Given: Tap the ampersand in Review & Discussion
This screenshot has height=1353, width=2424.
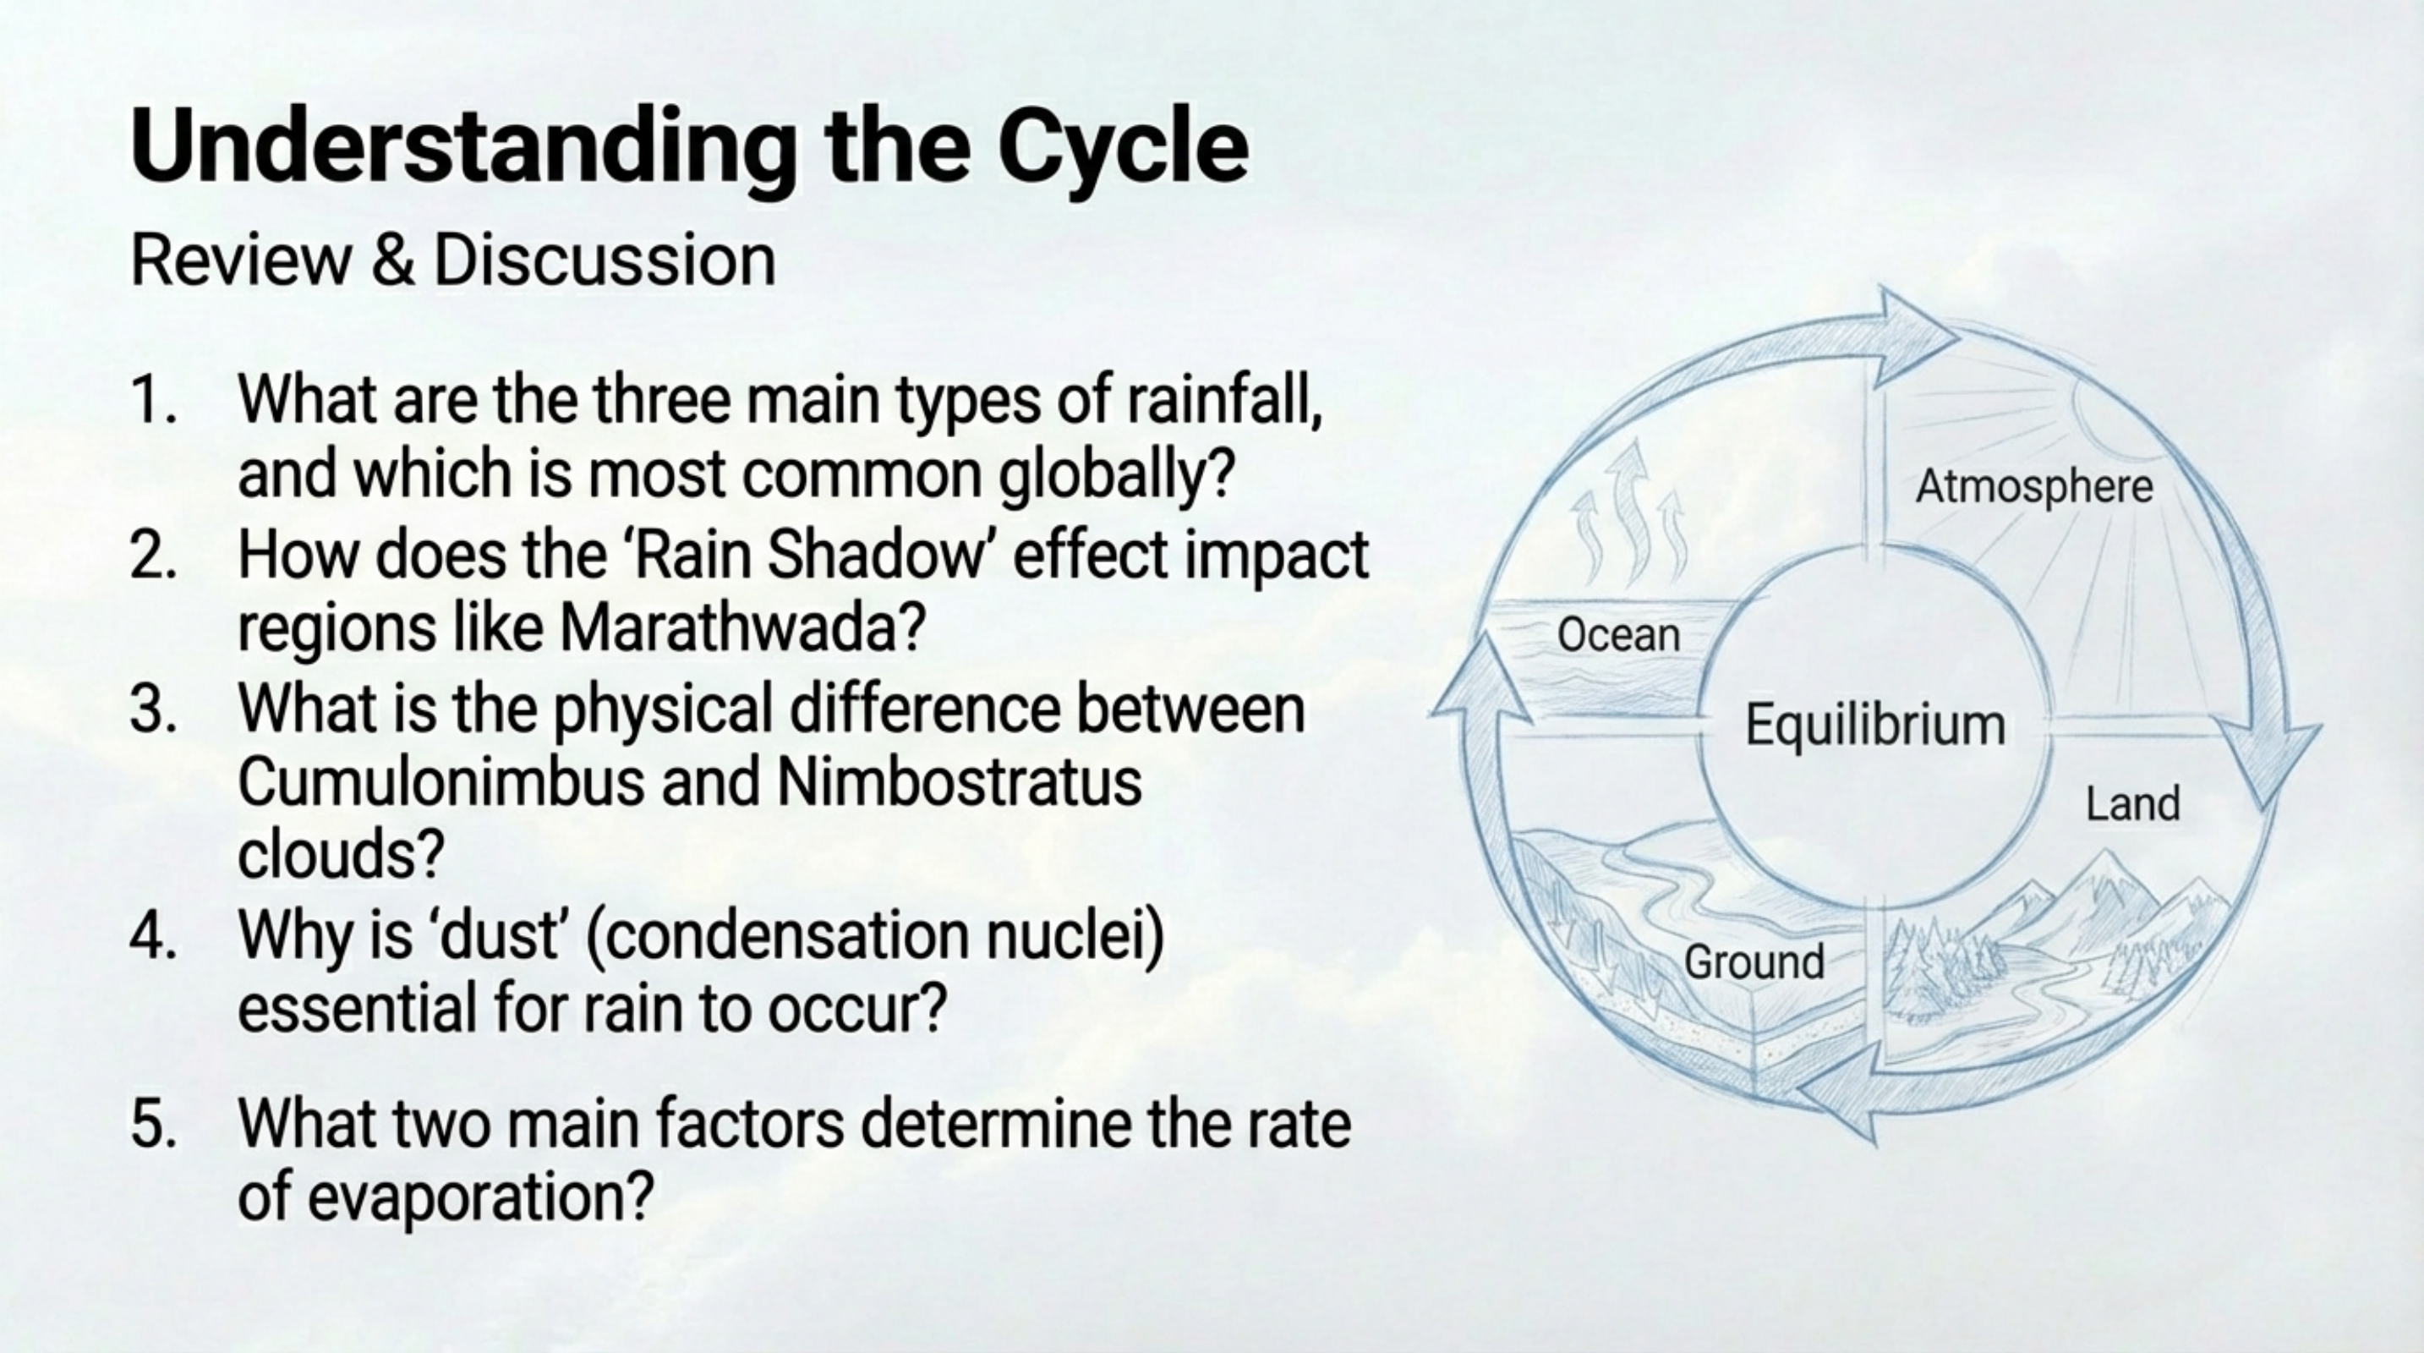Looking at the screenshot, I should click(x=392, y=260).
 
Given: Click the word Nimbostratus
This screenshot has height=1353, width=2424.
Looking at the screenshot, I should click(x=959, y=784).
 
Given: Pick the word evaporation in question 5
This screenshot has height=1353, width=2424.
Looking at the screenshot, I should click(x=480, y=1199).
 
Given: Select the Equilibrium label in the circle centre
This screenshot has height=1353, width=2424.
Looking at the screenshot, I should click(x=1874, y=726).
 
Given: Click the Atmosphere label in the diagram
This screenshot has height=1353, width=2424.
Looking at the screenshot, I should click(x=2033, y=487).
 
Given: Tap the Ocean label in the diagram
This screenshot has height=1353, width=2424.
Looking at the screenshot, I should click(x=1617, y=636).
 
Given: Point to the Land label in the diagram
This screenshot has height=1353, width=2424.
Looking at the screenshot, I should click(x=2132, y=805).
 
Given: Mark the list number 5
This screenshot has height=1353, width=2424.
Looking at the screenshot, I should click(x=153, y=1125).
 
